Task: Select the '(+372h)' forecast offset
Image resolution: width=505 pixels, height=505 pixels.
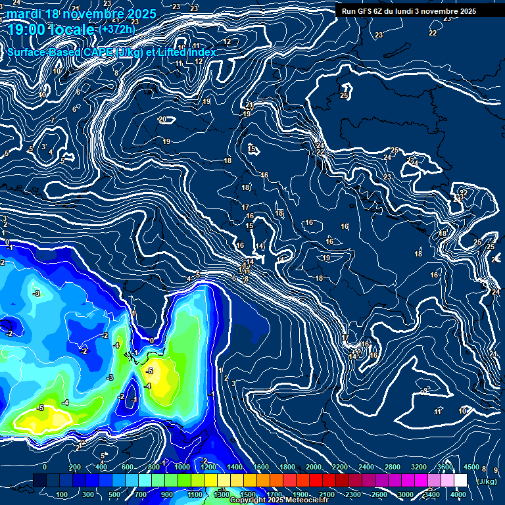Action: click(x=117, y=29)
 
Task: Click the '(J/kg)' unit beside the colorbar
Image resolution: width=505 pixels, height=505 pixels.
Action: click(x=487, y=482)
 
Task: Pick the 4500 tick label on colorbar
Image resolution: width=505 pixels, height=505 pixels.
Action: click(x=471, y=467)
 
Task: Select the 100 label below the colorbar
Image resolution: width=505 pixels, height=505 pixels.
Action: click(x=62, y=494)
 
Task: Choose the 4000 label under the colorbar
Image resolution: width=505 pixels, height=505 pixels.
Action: click(x=458, y=494)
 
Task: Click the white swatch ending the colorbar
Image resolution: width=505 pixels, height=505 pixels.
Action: click(x=460, y=481)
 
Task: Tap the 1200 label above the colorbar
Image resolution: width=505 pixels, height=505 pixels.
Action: click(x=208, y=467)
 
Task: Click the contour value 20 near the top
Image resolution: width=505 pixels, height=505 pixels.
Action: click(x=162, y=119)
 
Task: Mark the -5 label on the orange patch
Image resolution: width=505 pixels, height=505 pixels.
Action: click(x=149, y=372)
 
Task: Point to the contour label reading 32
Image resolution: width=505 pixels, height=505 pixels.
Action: click(x=464, y=193)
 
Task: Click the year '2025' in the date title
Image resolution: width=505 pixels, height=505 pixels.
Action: click(x=142, y=14)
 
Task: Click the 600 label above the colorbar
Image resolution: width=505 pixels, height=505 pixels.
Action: click(x=128, y=467)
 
